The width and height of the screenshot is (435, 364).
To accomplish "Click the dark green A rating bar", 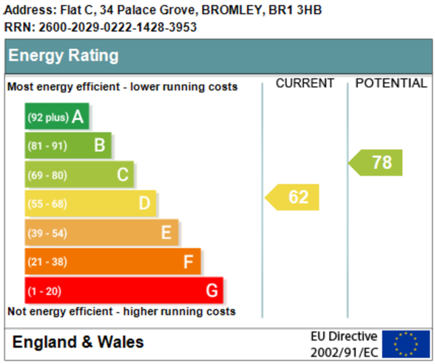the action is point(57,116).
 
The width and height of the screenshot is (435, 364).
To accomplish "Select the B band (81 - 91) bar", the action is point(68,145).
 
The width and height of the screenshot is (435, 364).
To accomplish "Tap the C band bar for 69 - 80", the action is point(79,174).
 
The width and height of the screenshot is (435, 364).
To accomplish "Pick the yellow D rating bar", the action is point(90,203).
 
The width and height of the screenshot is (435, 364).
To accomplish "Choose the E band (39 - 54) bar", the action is point(102,232).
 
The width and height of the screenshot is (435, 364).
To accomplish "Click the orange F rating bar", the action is point(113,261).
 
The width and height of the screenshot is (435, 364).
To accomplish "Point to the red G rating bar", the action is point(124,290).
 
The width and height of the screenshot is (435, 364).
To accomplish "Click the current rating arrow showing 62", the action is point(292,197).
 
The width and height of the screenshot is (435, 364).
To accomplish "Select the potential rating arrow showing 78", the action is point(376,163).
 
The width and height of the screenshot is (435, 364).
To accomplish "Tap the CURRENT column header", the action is point(305,83).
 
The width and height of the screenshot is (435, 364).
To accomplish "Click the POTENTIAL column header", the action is point(391,83).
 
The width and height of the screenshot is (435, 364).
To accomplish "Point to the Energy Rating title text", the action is point(64,56).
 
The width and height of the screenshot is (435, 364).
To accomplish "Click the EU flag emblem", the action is point(406,344).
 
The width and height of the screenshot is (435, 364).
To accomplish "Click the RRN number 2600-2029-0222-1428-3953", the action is point(118,27).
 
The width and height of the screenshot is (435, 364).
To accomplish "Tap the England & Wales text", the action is point(78,342).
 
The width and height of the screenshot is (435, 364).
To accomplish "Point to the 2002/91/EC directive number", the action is point(344,353).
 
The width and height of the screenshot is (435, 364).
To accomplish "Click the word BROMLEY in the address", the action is point(232,10).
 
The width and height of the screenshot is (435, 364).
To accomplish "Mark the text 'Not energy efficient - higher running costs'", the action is point(121,312).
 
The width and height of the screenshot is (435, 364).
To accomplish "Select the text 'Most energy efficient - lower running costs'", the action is point(122,87).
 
